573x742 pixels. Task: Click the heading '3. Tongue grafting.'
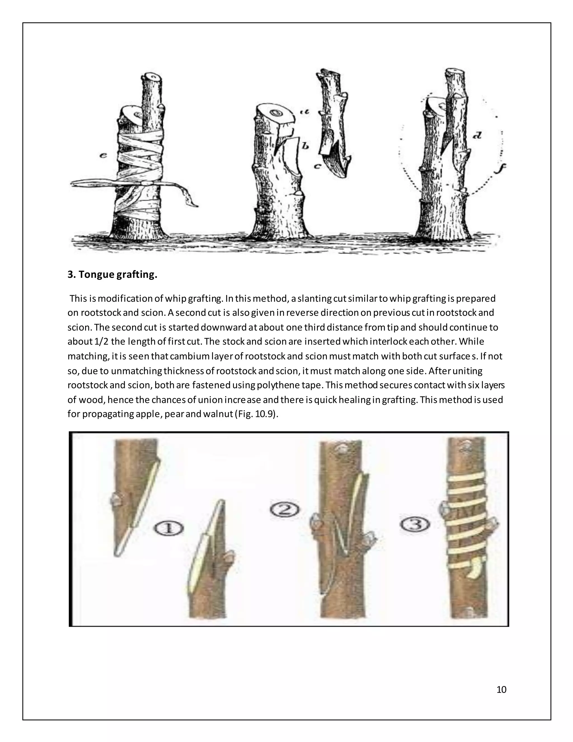point(112,274)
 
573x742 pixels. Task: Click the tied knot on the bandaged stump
point(146,183)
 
